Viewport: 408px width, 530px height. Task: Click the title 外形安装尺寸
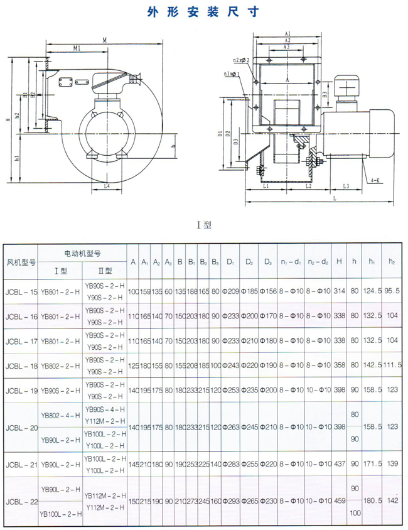[x=203, y=11]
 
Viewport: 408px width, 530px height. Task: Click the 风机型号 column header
[x=21, y=261]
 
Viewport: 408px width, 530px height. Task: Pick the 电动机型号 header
[x=83, y=253]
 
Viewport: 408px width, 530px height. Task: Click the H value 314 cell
[x=340, y=292]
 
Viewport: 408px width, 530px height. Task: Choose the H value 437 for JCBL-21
[x=340, y=464]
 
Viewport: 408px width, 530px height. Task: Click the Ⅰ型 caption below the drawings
[x=204, y=223]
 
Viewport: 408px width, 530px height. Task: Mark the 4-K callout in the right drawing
[x=375, y=180]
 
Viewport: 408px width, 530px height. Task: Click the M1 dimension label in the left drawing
[x=76, y=48]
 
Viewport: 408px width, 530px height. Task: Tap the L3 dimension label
[x=346, y=187]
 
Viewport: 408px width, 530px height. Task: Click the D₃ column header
[x=268, y=261]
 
